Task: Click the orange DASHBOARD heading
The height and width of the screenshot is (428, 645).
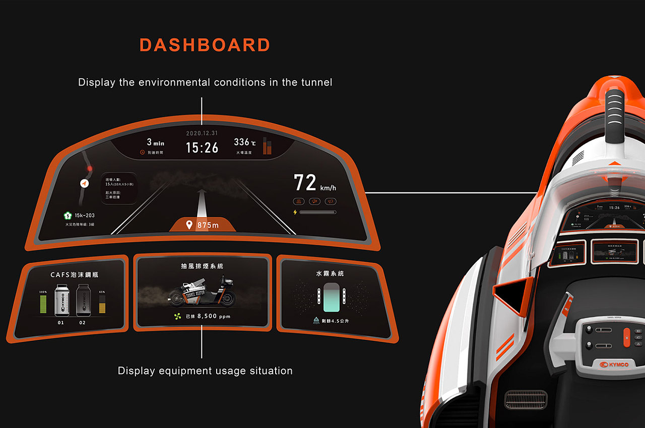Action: (x=205, y=45)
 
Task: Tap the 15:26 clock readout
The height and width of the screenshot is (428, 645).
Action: (x=202, y=148)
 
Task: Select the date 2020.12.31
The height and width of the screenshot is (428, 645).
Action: (x=202, y=133)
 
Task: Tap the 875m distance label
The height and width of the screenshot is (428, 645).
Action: (x=208, y=225)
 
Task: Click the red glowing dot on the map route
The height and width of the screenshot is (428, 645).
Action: (x=90, y=169)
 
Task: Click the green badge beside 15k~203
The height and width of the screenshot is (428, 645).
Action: (x=67, y=216)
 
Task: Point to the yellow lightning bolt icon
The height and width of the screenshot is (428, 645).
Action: (x=295, y=212)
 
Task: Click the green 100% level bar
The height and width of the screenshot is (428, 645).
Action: (x=43, y=305)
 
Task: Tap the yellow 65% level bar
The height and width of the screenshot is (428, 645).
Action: (x=102, y=305)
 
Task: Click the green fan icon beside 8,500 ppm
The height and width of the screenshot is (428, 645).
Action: (x=177, y=317)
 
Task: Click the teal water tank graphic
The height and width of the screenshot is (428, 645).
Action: (x=332, y=297)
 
